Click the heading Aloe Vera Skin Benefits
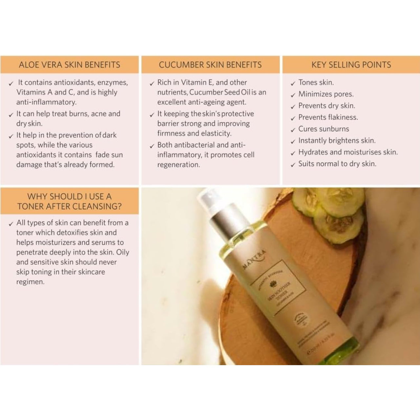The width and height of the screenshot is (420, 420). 69,65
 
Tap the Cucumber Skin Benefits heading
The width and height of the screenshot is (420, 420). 210,65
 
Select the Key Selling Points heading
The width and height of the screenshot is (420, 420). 351,65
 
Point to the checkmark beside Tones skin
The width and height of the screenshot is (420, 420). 293,84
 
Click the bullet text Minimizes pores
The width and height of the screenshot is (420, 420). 326,94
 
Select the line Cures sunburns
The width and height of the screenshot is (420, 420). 324,129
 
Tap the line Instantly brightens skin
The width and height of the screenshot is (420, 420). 337,141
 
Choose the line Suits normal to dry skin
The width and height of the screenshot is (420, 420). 337,164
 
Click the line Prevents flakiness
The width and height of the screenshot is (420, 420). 328,117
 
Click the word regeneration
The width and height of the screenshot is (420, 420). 178,165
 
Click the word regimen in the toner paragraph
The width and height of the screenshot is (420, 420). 30,282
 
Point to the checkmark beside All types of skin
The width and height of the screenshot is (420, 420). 11,224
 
